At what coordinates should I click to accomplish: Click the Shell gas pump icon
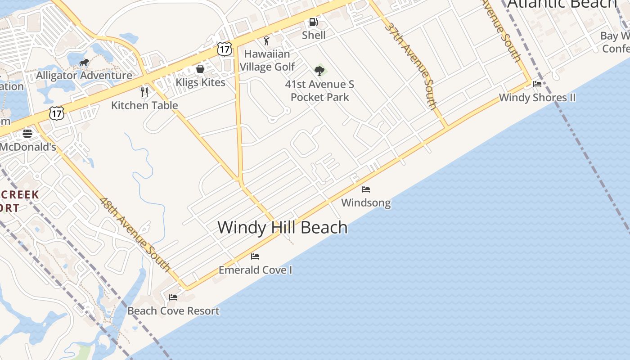[x=313, y=22]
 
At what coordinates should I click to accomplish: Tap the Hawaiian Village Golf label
[x=267, y=60]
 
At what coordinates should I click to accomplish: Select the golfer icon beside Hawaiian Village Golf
[x=266, y=40]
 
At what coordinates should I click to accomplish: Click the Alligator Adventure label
[x=84, y=75]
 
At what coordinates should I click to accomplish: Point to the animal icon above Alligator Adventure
[x=84, y=63]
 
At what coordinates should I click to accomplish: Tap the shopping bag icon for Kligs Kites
[x=200, y=69]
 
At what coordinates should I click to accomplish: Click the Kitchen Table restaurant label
[x=144, y=105]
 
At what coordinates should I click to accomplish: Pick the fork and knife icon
[x=144, y=92]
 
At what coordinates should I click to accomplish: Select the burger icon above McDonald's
[x=27, y=133]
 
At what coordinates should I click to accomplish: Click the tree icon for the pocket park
[x=319, y=71]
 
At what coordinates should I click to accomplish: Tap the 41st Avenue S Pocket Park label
[x=319, y=90]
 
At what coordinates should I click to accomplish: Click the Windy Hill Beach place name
[x=283, y=227]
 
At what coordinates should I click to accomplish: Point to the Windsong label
[x=366, y=203]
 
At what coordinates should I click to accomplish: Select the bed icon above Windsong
[x=366, y=189]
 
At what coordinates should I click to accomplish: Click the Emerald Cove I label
[x=255, y=270]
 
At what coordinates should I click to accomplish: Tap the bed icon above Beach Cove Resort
[x=173, y=297]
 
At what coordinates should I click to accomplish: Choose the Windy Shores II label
[x=537, y=98]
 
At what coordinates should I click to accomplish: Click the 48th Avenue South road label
[x=135, y=235]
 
